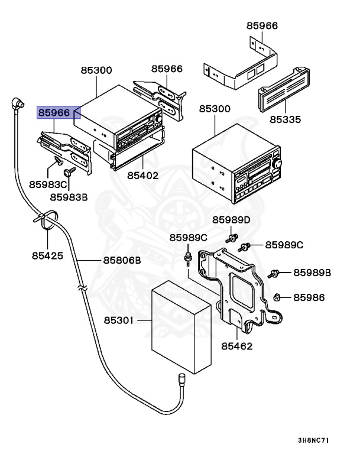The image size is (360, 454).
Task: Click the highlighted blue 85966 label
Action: [x=54, y=112]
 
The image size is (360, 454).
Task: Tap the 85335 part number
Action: [x=286, y=119]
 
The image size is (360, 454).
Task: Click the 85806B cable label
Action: [x=122, y=260]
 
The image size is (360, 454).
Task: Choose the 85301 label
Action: [x=119, y=320]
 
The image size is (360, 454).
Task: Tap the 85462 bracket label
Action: [x=238, y=345]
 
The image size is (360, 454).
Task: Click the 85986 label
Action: [x=309, y=297]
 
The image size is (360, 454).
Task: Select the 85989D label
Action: [x=232, y=220]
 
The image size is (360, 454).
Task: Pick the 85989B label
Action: [x=312, y=273]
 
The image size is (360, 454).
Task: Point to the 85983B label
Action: [x=69, y=197]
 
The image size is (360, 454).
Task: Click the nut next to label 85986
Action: [x=278, y=297]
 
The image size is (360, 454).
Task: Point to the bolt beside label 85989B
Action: [x=274, y=273]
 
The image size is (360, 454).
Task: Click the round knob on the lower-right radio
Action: [x=276, y=163]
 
